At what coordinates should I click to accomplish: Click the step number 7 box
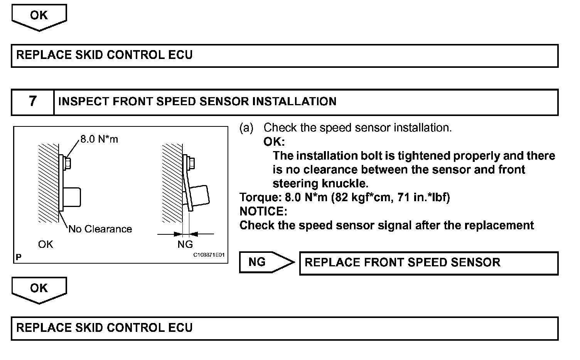point(33,102)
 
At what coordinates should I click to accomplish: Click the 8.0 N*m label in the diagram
point(99,139)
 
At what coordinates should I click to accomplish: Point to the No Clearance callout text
point(100,229)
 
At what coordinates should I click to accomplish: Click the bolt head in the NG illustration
point(192,163)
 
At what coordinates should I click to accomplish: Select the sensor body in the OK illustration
point(72,197)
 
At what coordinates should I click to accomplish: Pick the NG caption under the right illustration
point(185,244)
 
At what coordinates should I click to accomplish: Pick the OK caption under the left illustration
point(46,244)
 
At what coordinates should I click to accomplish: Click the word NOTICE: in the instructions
point(263,211)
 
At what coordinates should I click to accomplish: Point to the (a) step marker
point(246,128)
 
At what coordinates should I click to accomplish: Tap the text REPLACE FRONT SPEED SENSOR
point(402,262)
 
